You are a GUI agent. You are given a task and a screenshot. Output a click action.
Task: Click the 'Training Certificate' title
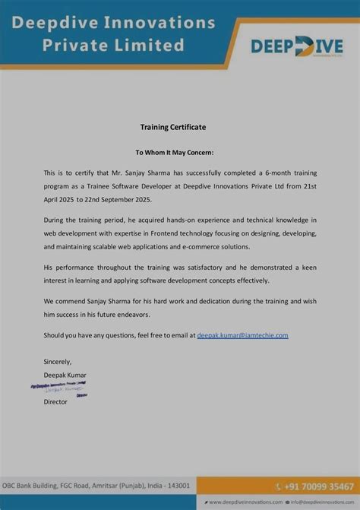pos(173,126)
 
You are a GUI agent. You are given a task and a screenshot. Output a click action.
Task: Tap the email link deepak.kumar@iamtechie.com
pos(242,334)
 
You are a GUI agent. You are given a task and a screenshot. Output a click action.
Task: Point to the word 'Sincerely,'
pos(58,361)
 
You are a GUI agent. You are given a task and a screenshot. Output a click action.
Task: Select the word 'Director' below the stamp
pos(55,401)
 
